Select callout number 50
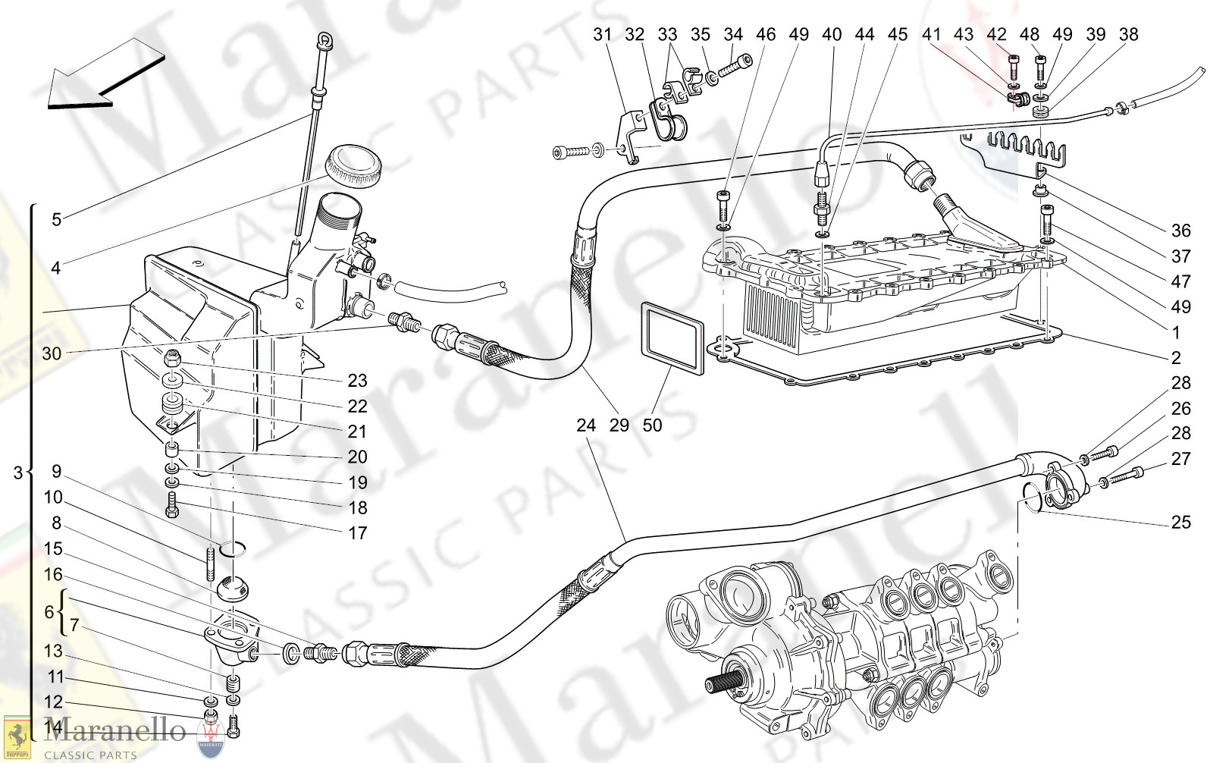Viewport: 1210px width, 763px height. click(x=652, y=425)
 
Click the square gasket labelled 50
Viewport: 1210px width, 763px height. click(x=672, y=339)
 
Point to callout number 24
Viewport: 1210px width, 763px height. click(x=586, y=425)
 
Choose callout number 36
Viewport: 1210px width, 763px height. click(x=1180, y=231)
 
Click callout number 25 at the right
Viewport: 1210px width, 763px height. click(x=1180, y=523)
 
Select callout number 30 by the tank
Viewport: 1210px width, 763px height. click(x=52, y=353)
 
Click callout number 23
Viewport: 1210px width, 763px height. click(x=357, y=381)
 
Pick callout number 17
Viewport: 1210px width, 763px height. click(x=357, y=533)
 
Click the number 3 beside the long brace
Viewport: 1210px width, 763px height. click(x=18, y=473)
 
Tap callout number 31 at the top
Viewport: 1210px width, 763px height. click(x=602, y=34)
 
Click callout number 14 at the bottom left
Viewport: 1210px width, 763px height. click(x=53, y=727)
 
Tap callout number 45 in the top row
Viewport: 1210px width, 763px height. click(x=898, y=34)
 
